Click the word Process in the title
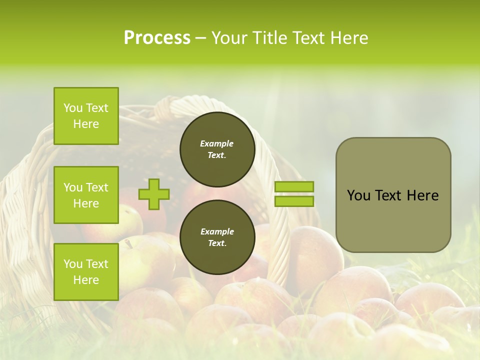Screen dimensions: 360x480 point(157,38)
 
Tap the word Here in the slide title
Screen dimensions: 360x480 point(347,38)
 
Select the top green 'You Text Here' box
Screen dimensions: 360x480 point(86,116)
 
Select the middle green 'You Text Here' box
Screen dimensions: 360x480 point(86,195)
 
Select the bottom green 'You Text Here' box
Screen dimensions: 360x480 point(86,272)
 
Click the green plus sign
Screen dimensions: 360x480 point(154,194)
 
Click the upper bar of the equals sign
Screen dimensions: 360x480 point(294,186)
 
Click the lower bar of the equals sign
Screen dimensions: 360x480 point(294,201)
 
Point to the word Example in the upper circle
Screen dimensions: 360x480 point(217,143)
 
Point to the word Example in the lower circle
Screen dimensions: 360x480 point(217,231)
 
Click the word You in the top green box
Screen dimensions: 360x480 point(73,108)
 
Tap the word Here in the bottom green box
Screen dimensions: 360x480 point(86,280)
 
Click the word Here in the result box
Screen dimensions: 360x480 point(422,195)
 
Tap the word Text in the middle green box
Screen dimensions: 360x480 point(97,187)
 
